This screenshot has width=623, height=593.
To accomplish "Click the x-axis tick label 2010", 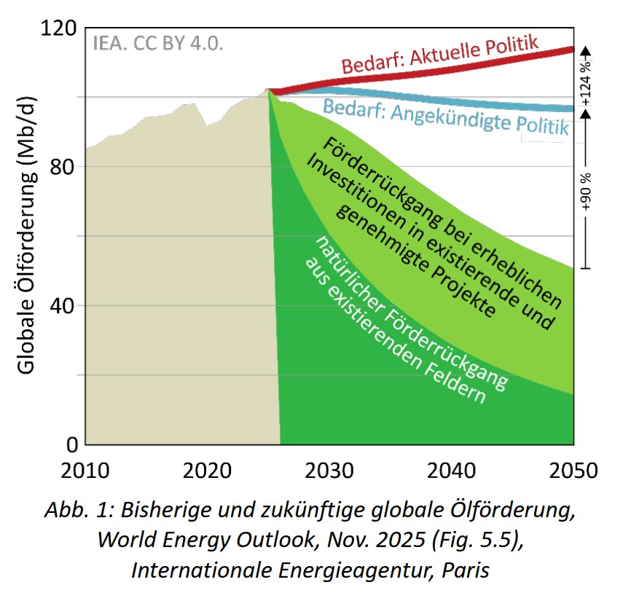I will pyautogui.click(x=86, y=469).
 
